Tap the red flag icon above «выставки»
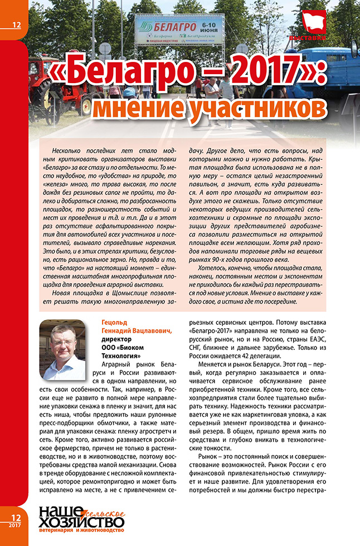click(315, 23)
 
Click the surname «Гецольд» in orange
click(115, 323)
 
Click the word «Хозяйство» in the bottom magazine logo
click(78, 522)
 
